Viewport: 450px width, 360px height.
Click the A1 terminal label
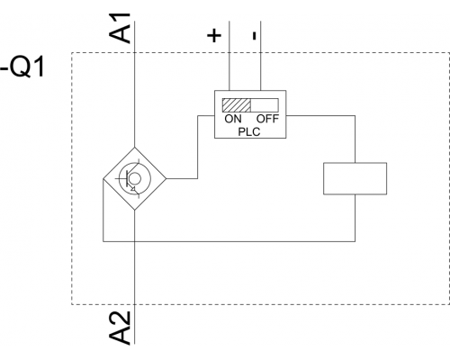(x=120, y=28)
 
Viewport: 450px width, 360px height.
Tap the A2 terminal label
(x=120, y=328)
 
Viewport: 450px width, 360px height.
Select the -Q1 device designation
(x=22, y=67)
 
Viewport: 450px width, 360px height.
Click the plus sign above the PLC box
(x=214, y=36)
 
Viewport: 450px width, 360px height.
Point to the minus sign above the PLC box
(x=255, y=36)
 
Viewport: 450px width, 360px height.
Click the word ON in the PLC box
(x=233, y=119)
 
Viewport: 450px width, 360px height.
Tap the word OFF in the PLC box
(x=267, y=119)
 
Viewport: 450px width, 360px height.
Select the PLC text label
(x=249, y=131)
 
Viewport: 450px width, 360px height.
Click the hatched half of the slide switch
(x=237, y=105)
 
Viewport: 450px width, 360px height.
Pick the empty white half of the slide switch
(x=265, y=105)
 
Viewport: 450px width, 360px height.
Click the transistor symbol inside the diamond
(x=131, y=178)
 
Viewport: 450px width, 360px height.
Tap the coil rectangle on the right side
(x=355, y=178)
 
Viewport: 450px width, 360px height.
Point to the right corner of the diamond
(x=166, y=179)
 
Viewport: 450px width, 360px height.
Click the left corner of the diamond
(x=103, y=179)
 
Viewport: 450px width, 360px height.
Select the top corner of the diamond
(x=134, y=147)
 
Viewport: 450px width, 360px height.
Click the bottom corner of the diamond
(x=134, y=211)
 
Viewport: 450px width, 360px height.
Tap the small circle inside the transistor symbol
(x=135, y=179)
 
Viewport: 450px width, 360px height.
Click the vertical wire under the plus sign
(x=229, y=56)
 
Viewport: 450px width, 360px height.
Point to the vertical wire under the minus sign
(x=260, y=56)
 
